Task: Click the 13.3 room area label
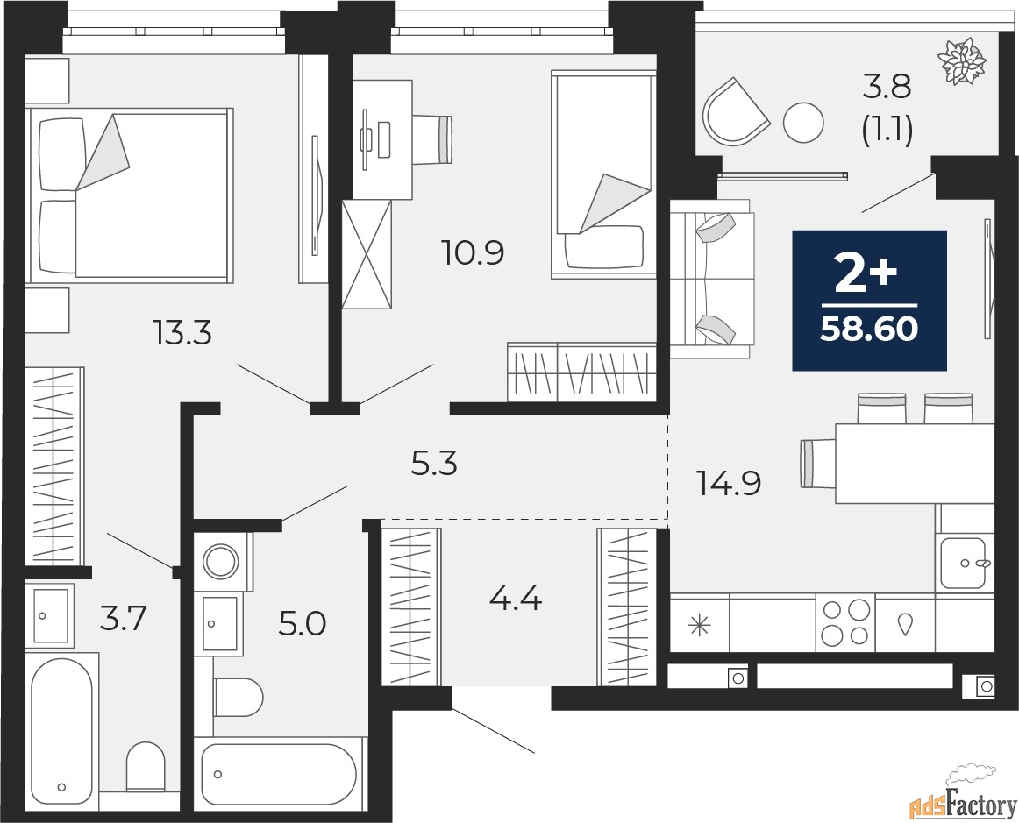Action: pyautogui.click(x=182, y=335)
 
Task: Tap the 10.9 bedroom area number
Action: pyautogui.click(x=473, y=252)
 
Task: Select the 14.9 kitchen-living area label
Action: pyautogui.click(x=729, y=483)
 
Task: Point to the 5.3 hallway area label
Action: pyautogui.click(x=435, y=465)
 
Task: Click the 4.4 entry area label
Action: pyautogui.click(x=516, y=599)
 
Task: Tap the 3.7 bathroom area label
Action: pyautogui.click(x=125, y=619)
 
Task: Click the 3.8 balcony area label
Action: pyautogui.click(x=887, y=87)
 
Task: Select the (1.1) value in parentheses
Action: pyautogui.click(x=887, y=131)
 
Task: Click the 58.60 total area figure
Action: pyautogui.click(x=870, y=330)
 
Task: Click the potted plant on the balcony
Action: pyautogui.click(x=963, y=61)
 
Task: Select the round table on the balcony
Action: pyautogui.click(x=804, y=123)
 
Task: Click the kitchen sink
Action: pyautogui.click(x=965, y=562)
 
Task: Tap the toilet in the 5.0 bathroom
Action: pyautogui.click(x=238, y=698)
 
